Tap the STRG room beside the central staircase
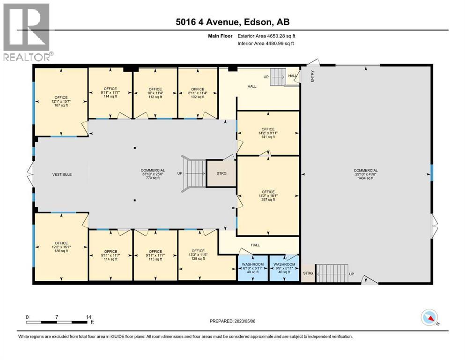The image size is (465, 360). (222, 173)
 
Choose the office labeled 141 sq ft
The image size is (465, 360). (268, 133)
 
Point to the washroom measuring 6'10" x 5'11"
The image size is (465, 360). (252, 268)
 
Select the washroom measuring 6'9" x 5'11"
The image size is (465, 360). (284, 268)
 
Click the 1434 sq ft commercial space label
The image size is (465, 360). (366, 174)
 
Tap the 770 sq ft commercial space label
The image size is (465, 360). (153, 174)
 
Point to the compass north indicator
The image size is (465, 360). (429, 318)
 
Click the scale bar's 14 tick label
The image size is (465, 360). (88, 317)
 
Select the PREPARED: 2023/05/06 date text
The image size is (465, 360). (233, 321)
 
